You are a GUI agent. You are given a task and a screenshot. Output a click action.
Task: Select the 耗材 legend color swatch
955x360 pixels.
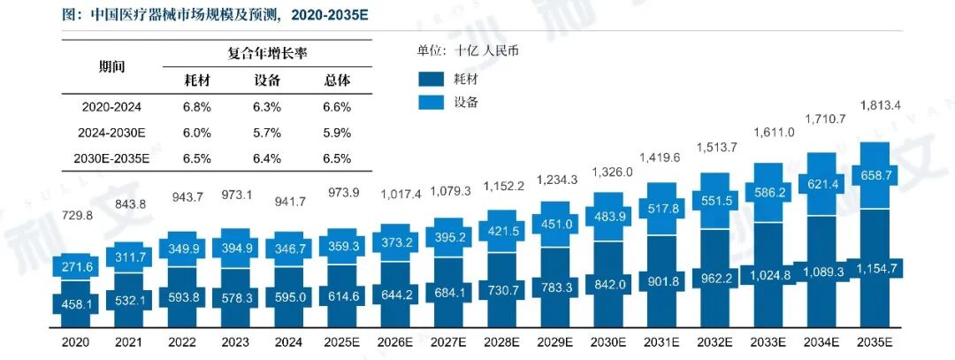[x=431, y=79]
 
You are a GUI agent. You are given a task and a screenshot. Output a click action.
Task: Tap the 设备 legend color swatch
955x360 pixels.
[x=431, y=102]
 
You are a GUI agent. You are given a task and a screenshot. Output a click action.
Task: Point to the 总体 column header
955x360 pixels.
[x=337, y=80]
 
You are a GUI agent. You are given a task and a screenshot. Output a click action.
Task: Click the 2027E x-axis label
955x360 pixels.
[x=449, y=341]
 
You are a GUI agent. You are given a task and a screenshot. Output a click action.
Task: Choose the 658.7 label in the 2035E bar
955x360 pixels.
[x=875, y=177]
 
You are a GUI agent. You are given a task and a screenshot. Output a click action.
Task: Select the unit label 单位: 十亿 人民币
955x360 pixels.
[x=468, y=50]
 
